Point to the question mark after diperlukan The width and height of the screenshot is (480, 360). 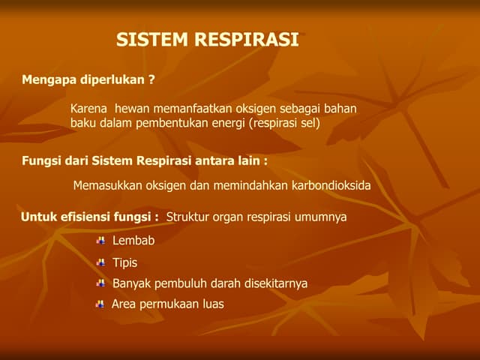(152, 79)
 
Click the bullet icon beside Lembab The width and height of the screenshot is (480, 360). (100, 241)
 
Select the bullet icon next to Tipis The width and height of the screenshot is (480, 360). (100, 262)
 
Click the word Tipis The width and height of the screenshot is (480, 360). (124, 262)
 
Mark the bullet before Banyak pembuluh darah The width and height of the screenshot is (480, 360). (100, 283)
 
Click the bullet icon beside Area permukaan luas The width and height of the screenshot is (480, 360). (100, 304)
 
